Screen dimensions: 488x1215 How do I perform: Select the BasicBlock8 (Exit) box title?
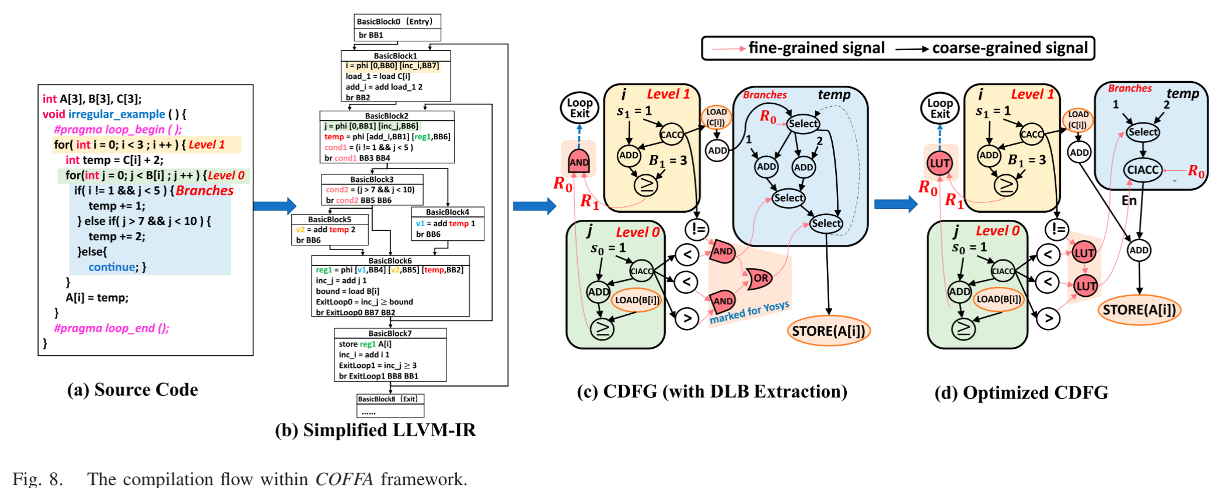(x=388, y=399)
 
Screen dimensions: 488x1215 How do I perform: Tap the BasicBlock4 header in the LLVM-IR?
(x=447, y=212)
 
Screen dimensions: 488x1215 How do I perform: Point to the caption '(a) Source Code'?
(x=132, y=389)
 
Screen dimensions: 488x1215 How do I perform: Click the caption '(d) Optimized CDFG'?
(x=1021, y=392)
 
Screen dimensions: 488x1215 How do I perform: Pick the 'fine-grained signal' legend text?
(x=816, y=48)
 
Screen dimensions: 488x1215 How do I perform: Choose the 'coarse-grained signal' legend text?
(x=1010, y=48)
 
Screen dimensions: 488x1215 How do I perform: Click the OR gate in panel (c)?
(x=759, y=278)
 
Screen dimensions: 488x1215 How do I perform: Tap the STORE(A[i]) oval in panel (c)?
(x=828, y=331)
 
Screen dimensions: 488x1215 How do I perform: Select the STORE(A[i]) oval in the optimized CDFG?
(x=1139, y=310)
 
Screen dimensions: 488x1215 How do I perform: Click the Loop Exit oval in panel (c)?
(x=579, y=108)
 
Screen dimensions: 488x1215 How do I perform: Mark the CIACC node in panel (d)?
(x=1142, y=170)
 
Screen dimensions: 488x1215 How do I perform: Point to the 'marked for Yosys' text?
(x=749, y=313)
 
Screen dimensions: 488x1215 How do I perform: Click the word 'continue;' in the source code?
(x=113, y=267)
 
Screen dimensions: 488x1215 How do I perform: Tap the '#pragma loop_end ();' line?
(x=111, y=328)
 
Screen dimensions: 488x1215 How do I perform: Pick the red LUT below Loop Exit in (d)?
(x=940, y=163)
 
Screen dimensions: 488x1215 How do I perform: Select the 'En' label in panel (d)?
(x=1129, y=201)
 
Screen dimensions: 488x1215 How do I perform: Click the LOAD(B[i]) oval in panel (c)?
(x=636, y=300)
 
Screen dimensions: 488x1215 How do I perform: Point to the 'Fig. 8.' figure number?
(x=38, y=479)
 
